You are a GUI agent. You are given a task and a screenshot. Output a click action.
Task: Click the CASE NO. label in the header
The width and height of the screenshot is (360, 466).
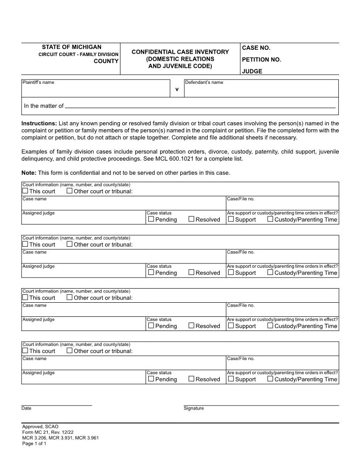(x=255, y=48)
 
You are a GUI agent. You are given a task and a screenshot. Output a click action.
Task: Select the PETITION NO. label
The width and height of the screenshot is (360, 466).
(x=261, y=60)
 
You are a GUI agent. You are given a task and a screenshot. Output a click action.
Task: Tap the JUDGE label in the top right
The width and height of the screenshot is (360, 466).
(x=251, y=71)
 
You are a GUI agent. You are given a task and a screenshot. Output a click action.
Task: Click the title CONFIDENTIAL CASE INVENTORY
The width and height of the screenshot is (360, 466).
(x=180, y=52)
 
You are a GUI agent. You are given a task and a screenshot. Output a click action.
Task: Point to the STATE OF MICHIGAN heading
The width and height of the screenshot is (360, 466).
(x=71, y=47)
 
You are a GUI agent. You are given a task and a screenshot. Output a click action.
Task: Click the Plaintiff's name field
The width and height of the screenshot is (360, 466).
(x=96, y=90)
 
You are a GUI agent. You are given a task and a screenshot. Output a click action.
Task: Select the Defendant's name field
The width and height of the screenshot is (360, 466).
(x=261, y=90)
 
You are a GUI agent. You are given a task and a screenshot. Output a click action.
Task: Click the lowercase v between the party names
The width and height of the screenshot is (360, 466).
(x=177, y=89)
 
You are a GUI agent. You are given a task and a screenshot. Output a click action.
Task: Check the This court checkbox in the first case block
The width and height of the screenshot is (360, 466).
(x=25, y=191)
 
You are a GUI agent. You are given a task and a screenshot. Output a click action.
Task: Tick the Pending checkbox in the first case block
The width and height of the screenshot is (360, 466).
(x=151, y=219)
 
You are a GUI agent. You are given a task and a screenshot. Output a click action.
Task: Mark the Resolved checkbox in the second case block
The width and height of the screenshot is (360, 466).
(x=191, y=272)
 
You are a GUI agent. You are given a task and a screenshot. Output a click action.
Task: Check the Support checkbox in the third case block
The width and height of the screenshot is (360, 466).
(x=231, y=326)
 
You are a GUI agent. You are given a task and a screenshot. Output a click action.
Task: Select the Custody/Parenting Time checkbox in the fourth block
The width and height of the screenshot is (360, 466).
(x=270, y=379)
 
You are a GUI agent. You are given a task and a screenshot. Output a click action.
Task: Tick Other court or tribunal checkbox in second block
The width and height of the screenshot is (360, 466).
(x=70, y=244)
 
